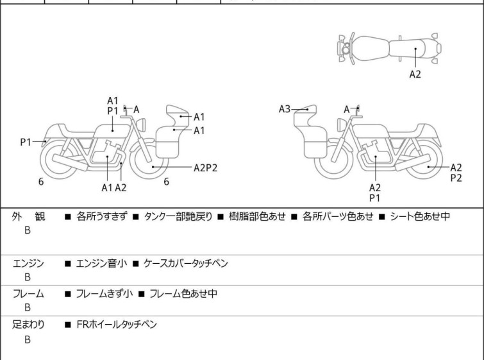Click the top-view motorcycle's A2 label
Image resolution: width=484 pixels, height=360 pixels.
(x=415, y=74)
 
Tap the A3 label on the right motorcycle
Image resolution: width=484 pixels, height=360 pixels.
(x=285, y=109)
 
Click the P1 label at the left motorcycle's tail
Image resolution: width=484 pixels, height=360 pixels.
(x=26, y=142)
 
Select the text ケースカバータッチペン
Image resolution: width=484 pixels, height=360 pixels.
(x=186, y=263)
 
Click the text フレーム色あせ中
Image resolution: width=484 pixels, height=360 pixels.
(x=183, y=294)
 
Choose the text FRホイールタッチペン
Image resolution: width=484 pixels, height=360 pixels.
(x=116, y=325)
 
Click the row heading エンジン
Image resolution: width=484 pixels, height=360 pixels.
(x=28, y=263)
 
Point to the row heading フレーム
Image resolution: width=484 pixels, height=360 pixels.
(x=28, y=294)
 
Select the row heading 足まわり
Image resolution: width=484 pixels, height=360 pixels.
(x=28, y=325)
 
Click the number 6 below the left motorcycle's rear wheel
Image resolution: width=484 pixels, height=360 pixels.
(x=41, y=182)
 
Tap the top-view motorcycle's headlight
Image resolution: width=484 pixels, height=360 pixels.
(x=346, y=48)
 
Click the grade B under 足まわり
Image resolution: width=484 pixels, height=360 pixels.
(x=28, y=340)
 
